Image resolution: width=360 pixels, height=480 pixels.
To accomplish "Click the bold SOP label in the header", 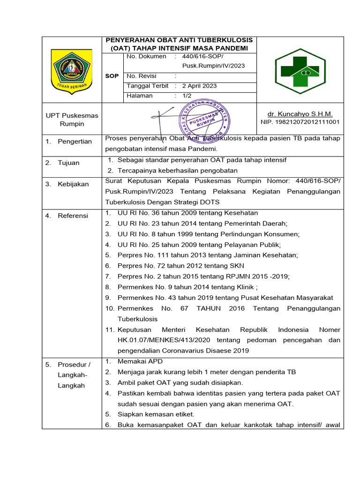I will pos(112,76).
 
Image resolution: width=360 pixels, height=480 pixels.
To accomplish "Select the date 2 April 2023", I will pos(199,86).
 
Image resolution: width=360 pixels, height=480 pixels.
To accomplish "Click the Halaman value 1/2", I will pos(187,96).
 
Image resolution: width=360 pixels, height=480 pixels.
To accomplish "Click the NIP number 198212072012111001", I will pos(300,122).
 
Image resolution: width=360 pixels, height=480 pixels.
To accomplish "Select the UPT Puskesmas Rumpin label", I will pos(72,120).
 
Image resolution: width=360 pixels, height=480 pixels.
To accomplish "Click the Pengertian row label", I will pos(75,142).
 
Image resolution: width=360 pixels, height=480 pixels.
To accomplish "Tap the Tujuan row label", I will pos(69,163).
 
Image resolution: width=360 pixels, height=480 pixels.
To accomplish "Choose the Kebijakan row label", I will pos(73,184).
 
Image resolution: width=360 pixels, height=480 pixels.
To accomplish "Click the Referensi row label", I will pos(73,216).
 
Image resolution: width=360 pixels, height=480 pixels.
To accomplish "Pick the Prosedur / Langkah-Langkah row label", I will pos(74,375).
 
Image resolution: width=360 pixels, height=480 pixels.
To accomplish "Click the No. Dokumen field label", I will pos(146,56).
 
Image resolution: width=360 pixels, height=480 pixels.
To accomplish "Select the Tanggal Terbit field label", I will pos(148,86).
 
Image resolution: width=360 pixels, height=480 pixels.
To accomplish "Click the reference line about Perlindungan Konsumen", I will pos(209,234).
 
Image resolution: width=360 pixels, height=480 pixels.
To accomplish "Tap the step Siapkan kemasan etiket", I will pos(156,414).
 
